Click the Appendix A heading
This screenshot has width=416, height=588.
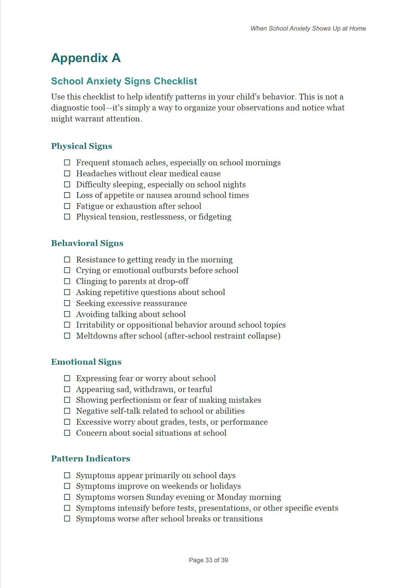tap(86, 58)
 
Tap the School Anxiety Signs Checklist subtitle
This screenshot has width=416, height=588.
tap(124, 81)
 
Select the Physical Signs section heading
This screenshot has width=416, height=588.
tap(82, 146)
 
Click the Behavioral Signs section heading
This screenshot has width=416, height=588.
tap(87, 243)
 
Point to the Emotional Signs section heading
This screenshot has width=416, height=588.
tap(86, 362)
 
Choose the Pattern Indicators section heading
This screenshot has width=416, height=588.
tap(90, 459)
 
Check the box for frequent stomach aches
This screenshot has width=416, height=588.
tap(67, 163)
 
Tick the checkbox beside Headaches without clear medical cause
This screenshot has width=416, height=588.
tap(67, 174)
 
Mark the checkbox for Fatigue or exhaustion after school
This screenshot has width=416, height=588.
tap(67, 206)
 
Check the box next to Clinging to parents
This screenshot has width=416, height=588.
tap(67, 281)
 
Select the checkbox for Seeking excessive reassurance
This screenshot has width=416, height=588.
tap(67, 303)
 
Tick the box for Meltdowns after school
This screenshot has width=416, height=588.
tap(67, 336)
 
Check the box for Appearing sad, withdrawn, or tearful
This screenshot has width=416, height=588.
tap(67, 389)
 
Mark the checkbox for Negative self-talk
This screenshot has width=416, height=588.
tap(67, 411)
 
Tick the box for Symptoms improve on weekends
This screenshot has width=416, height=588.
tap(67, 486)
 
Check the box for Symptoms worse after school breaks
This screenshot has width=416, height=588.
tap(67, 519)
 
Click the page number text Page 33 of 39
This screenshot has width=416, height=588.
tap(208, 560)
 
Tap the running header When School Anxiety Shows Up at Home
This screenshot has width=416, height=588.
tap(308, 28)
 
